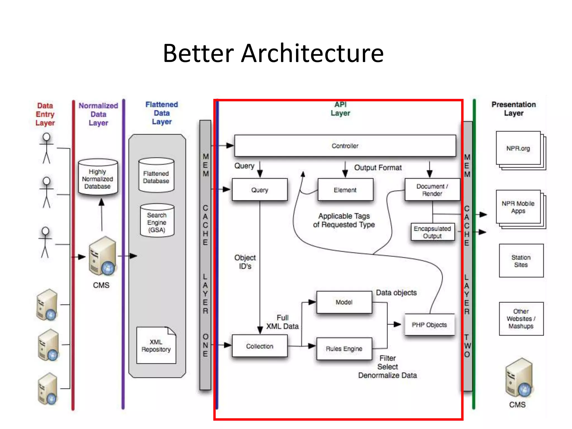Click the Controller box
pyautogui.click(x=345, y=146)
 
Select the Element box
pyautogui.click(x=345, y=190)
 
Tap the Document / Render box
pyautogui.click(x=432, y=190)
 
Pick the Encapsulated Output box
pyautogui.click(x=432, y=232)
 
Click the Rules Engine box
pyautogui.click(x=344, y=349)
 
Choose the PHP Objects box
pyautogui.click(x=429, y=325)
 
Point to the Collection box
pyautogui.click(x=259, y=346)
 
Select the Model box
pyautogui.click(x=344, y=302)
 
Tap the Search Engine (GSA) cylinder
pyautogui.click(x=157, y=221)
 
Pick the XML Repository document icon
pyautogui.click(x=156, y=346)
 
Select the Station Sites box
pyautogui.click(x=521, y=261)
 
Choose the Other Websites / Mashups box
pyautogui.click(x=521, y=319)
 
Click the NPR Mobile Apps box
pyautogui.click(x=518, y=207)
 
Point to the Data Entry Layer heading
pyautogui.click(x=45, y=114)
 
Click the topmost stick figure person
pyautogui.click(x=46, y=148)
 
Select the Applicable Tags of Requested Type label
pyautogui.click(x=344, y=220)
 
